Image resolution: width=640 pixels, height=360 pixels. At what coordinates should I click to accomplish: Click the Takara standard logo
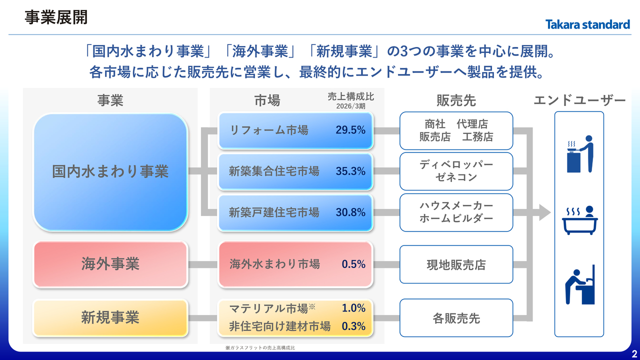[x=587, y=24]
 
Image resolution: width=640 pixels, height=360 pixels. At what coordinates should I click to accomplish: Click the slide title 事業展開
[x=56, y=17]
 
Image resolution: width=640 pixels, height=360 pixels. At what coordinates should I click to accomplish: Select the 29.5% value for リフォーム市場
[x=350, y=130]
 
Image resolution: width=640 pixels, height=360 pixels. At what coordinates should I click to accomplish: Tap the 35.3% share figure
[x=350, y=171]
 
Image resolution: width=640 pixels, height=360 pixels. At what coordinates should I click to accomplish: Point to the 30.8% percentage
[x=350, y=212]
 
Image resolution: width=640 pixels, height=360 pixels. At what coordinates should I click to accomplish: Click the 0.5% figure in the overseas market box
[x=353, y=264]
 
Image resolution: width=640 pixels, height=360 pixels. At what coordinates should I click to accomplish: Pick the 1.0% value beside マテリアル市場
[x=353, y=308]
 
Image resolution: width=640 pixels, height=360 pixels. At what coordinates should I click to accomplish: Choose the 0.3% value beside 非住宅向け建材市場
[x=353, y=326]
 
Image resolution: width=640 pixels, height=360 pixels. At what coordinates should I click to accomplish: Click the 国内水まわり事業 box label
[x=110, y=171]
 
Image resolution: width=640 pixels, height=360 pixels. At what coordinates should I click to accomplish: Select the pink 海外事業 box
[x=110, y=264]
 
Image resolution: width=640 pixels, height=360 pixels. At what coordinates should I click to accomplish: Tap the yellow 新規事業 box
[x=110, y=317]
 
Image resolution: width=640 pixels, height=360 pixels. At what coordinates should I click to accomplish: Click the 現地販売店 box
[x=456, y=264]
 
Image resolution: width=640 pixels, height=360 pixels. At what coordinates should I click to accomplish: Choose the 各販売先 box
[x=456, y=318]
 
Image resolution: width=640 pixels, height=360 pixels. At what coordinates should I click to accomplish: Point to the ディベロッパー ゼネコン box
[x=456, y=171]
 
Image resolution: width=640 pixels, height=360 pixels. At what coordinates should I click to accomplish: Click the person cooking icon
[x=580, y=154]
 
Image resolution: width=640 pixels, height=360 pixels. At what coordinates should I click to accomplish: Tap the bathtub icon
[x=579, y=220]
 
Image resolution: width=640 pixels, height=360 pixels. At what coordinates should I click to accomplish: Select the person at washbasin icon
[x=580, y=284]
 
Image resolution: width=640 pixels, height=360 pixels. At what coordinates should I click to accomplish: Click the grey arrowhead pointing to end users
[x=545, y=212]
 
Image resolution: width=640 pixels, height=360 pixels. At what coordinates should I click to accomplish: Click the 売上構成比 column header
[x=350, y=96]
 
